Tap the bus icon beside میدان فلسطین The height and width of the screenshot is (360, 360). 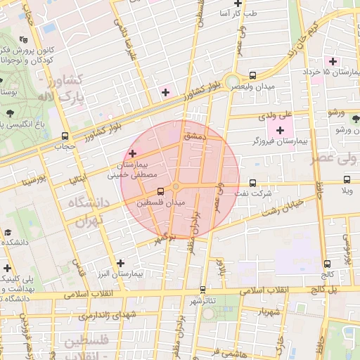point(161,191)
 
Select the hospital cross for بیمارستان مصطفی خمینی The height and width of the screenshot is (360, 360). point(132,153)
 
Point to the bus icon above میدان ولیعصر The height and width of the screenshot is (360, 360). point(252,75)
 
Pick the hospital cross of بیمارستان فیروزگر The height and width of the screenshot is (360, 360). point(281,129)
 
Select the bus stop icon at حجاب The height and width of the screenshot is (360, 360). point(65,136)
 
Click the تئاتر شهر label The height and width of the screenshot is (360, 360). point(202,300)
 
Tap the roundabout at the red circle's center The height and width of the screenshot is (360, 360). point(176,186)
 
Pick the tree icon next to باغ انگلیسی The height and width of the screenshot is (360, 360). point(9,112)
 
